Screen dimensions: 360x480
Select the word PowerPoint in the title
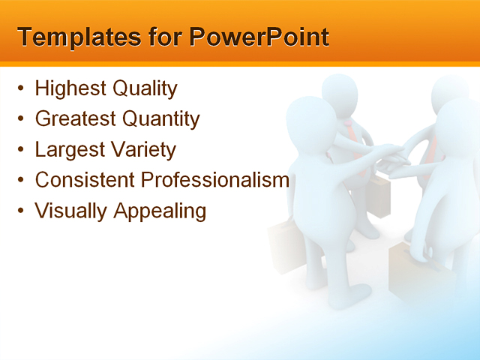[x=259, y=37]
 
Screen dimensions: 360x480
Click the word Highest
[x=70, y=88]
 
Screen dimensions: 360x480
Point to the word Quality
[x=145, y=89]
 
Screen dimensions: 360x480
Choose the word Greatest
[x=75, y=119]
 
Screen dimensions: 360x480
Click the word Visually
[x=71, y=211]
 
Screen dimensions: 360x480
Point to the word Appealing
[x=160, y=211]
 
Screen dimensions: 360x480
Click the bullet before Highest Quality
[x=20, y=89]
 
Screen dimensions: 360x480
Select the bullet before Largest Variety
[x=20, y=150]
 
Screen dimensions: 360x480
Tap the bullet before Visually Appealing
[x=20, y=211]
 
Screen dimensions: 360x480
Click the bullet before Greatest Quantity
[x=20, y=119]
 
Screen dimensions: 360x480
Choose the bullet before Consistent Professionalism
[x=20, y=181]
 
